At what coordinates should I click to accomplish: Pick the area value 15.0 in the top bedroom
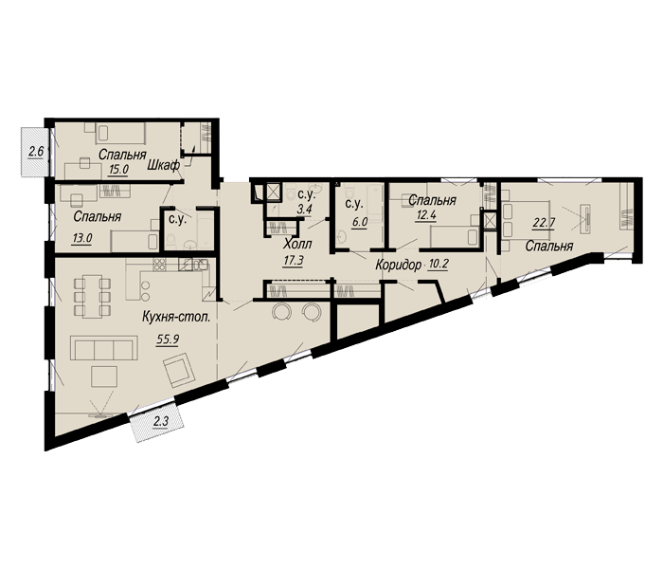coord(118,169)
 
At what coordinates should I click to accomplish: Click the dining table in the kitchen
coord(91,289)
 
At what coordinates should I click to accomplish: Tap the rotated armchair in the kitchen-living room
coord(177,373)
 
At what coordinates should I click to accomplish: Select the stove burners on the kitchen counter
coord(159,263)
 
